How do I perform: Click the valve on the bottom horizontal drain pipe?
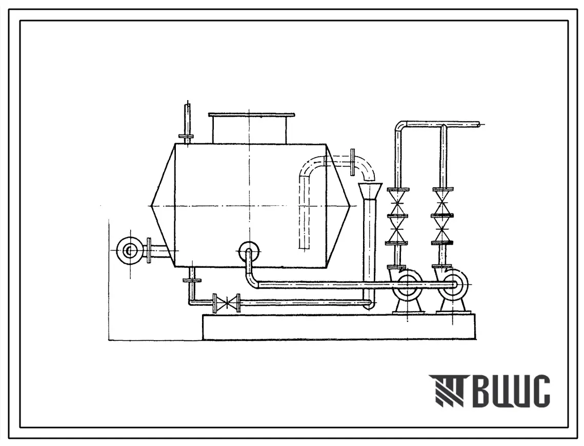coord(227,302)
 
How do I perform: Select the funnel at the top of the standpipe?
coord(370,191)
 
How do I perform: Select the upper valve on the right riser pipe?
coord(442,203)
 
